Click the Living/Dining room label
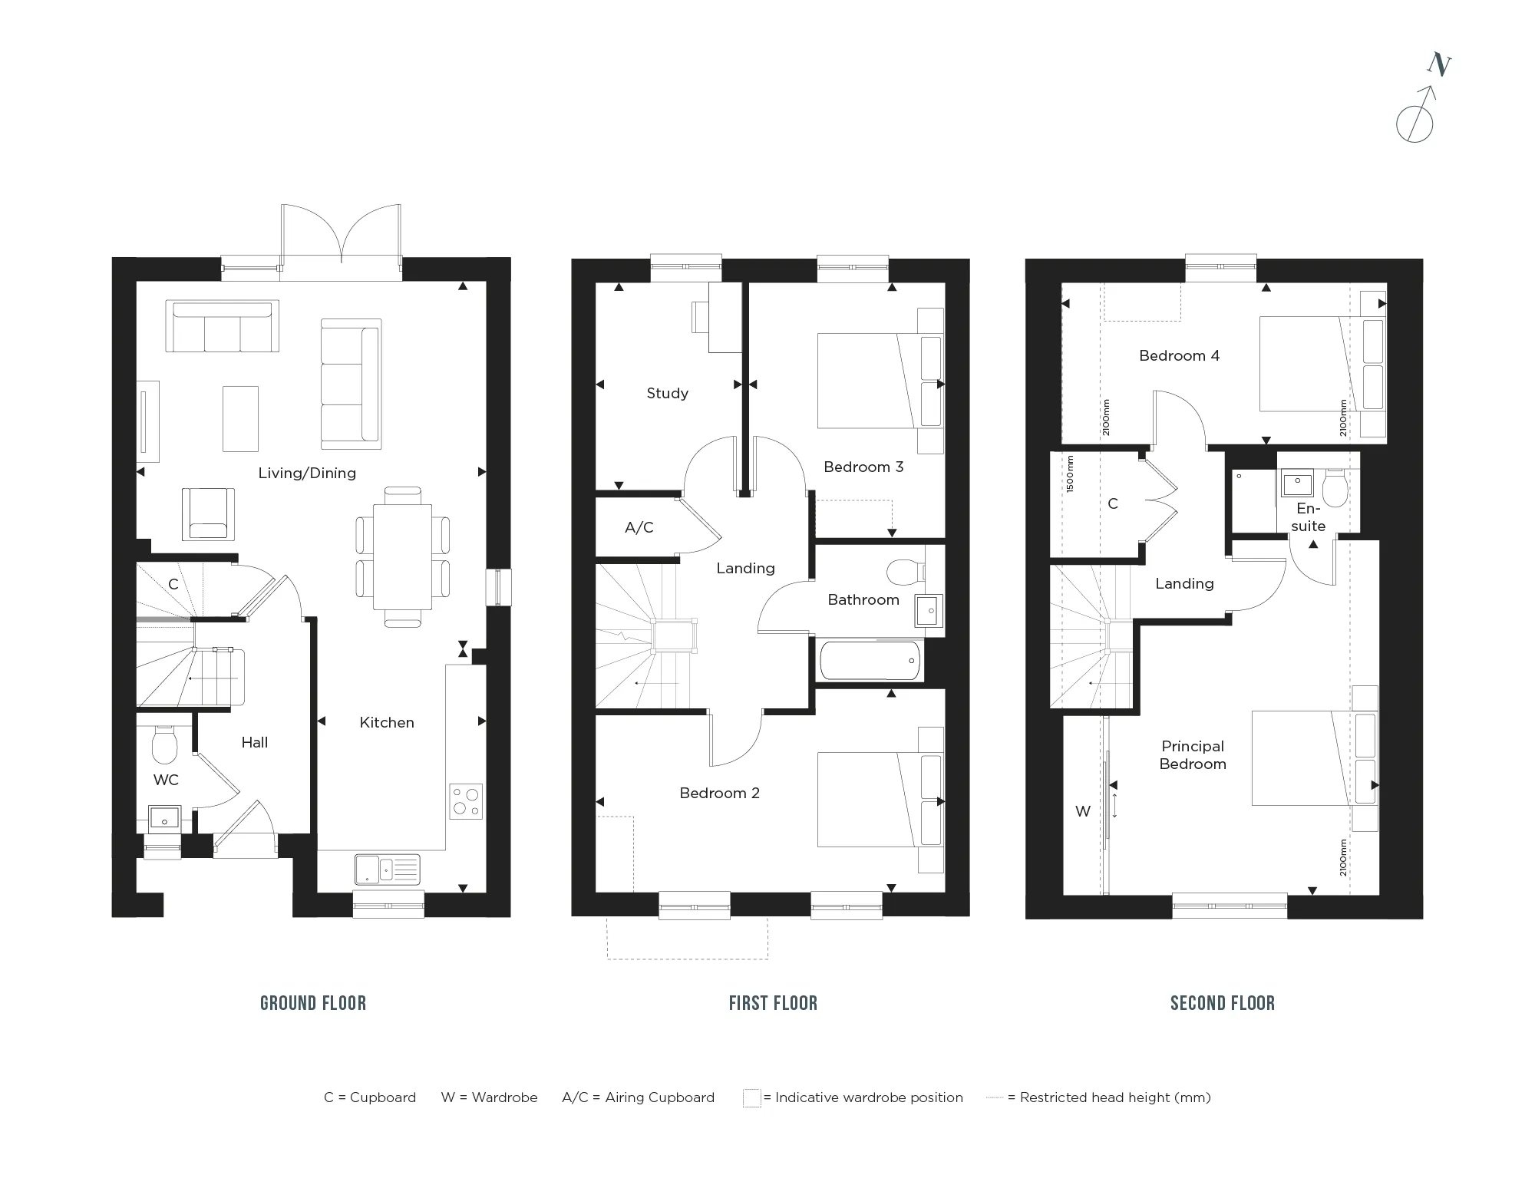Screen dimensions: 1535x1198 307,473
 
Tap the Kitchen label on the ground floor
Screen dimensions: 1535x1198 387,722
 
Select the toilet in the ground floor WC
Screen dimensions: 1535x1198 165,745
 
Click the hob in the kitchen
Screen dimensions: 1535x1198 466,801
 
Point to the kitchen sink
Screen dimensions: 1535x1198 388,870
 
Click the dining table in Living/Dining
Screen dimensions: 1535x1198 402,557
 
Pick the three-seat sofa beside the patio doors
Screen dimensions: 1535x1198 223,327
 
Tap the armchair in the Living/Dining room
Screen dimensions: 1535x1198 208,513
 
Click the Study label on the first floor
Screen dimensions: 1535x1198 668,393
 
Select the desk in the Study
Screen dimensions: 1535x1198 725,317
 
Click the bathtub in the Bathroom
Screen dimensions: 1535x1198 870,660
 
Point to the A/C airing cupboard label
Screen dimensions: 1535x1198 639,527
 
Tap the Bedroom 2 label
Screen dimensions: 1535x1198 720,793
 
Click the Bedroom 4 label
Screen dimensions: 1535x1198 1180,355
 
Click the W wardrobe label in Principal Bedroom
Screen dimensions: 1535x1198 1083,811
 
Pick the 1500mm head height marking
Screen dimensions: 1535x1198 1071,474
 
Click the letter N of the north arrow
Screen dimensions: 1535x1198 1439,65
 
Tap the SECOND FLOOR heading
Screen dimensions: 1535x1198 1223,1003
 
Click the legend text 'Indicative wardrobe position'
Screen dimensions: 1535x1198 869,1097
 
